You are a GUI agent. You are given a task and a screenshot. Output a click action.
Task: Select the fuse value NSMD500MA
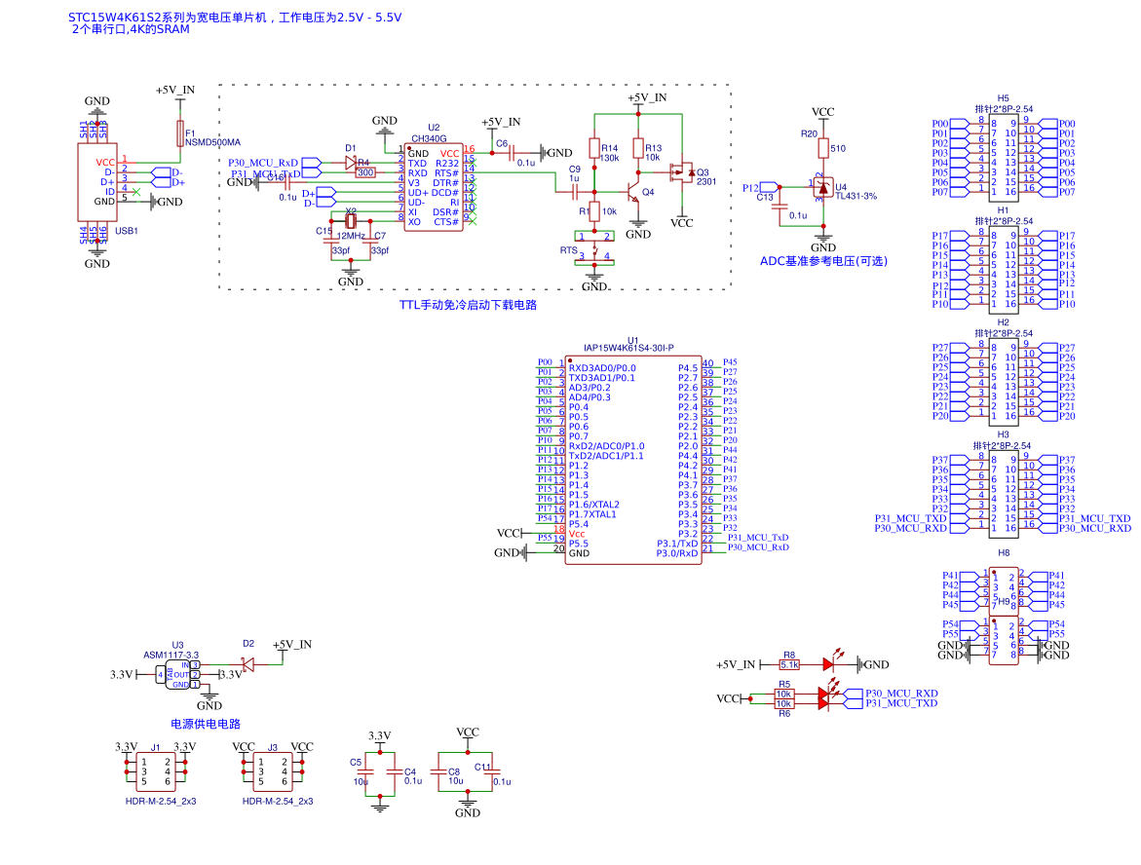click(x=212, y=142)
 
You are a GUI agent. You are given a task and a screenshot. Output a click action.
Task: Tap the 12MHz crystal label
click(x=351, y=236)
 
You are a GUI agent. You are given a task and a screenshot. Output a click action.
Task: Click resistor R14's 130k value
click(x=610, y=158)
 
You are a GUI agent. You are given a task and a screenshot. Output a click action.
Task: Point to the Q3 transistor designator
click(x=704, y=171)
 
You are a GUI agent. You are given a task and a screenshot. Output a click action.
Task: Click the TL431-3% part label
click(x=856, y=196)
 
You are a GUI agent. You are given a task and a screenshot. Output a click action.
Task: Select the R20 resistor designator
click(x=809, y=133)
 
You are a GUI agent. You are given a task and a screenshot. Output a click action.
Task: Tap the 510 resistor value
click(x=838, y=149)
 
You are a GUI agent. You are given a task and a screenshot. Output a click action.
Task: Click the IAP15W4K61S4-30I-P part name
click(x=628, y=348)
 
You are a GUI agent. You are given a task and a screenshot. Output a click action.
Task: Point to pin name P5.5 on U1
click(x=579, y=544)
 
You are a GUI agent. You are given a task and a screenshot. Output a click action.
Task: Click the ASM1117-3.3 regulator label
click(x=171, y=655)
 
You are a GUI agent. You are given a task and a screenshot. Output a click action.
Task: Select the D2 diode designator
click(x=248, y=644)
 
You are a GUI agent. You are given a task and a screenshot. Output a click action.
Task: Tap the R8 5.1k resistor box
click(x=789, y=664)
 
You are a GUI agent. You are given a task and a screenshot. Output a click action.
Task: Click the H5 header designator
click(x=1003, y=98)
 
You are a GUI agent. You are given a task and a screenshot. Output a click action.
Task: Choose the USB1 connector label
click(x=127, y=231)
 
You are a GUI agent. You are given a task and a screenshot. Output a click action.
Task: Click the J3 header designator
click(x=273, y=747)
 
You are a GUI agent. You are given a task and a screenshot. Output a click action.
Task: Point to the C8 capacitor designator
click(x=454, y=771)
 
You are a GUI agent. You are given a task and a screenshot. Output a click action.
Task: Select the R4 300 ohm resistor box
click(x=365, y=172)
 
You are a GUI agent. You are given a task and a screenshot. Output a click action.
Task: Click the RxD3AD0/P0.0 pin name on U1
click(x=601, y=368)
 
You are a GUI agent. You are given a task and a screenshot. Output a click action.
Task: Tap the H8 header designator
click(x=1004, y=553)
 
